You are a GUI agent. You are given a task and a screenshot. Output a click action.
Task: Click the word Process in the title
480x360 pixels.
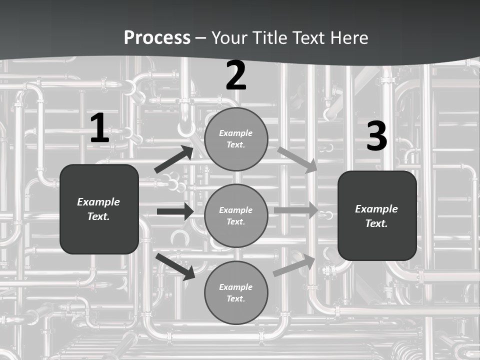[x=157, y=38]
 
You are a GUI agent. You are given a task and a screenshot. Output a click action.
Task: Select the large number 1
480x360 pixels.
[x=99, y=128]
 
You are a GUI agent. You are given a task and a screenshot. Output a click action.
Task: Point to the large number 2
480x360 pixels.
[x=236, y=76]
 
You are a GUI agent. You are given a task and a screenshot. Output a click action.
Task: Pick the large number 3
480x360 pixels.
[x=376, y=136]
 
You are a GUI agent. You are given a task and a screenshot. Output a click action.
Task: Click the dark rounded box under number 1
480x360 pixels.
[x=99, y=209]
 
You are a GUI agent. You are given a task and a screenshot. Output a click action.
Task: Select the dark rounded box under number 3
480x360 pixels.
[x=377, y=215]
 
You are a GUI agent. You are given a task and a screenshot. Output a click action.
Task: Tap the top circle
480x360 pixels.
[x=236, y=139]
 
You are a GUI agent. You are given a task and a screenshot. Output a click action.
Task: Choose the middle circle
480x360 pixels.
[x=236, y=215]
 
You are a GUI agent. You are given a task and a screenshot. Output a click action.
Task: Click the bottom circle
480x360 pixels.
[x=236, y=292]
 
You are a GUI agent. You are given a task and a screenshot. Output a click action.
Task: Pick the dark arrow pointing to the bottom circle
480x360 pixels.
[x=175, y=266]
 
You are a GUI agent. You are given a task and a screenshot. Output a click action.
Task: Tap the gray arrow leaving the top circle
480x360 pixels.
[x=297, y=159]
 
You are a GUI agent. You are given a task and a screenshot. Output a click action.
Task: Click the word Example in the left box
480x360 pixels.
[x=98, y=202]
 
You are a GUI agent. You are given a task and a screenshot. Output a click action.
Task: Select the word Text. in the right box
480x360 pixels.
[x=376, y=223]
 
